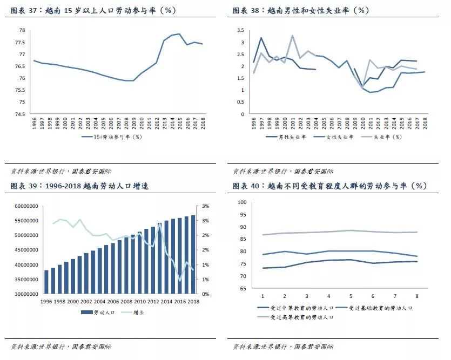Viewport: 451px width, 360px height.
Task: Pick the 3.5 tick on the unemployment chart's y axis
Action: (x=241, y=30)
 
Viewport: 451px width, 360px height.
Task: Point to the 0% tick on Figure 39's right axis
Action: (x=206, y=294)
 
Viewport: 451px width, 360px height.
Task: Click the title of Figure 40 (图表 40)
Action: (x=329, y=186)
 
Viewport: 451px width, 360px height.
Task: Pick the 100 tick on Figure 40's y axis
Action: (x=242, y=202)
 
